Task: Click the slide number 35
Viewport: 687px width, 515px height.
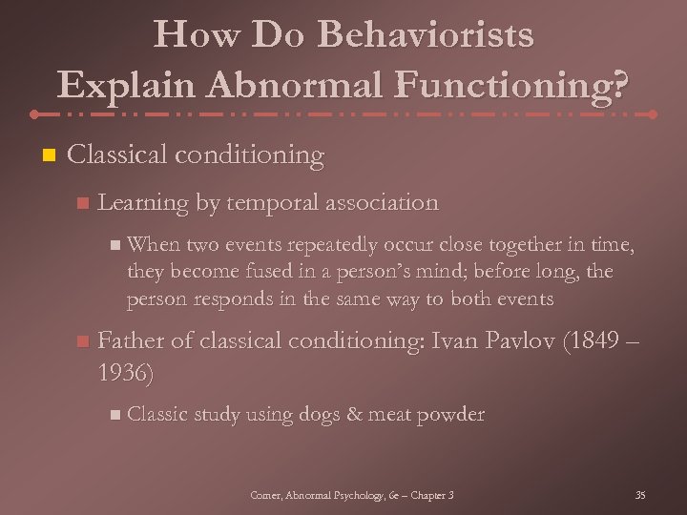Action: coord(639,495)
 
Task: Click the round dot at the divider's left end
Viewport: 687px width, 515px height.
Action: coord(34,114)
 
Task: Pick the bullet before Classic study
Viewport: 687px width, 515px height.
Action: coord(114,415)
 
